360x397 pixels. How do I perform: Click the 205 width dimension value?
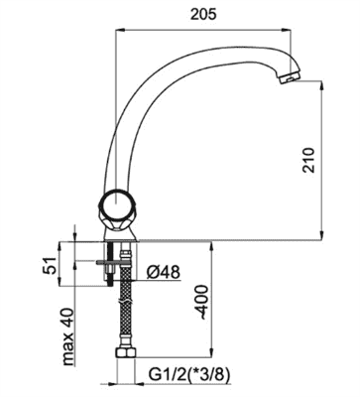click(x=203, y=14)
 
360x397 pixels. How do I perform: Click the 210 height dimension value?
click(x=308, y=160)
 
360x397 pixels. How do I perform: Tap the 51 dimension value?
click(x=49, y=265)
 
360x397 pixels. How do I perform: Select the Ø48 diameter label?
click(x=164, y=272)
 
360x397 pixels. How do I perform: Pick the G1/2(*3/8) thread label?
click(x=189, y=375)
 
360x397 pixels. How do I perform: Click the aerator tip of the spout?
click(x=289, y=77)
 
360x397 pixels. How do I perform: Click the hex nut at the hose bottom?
click(x=126, y=352)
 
